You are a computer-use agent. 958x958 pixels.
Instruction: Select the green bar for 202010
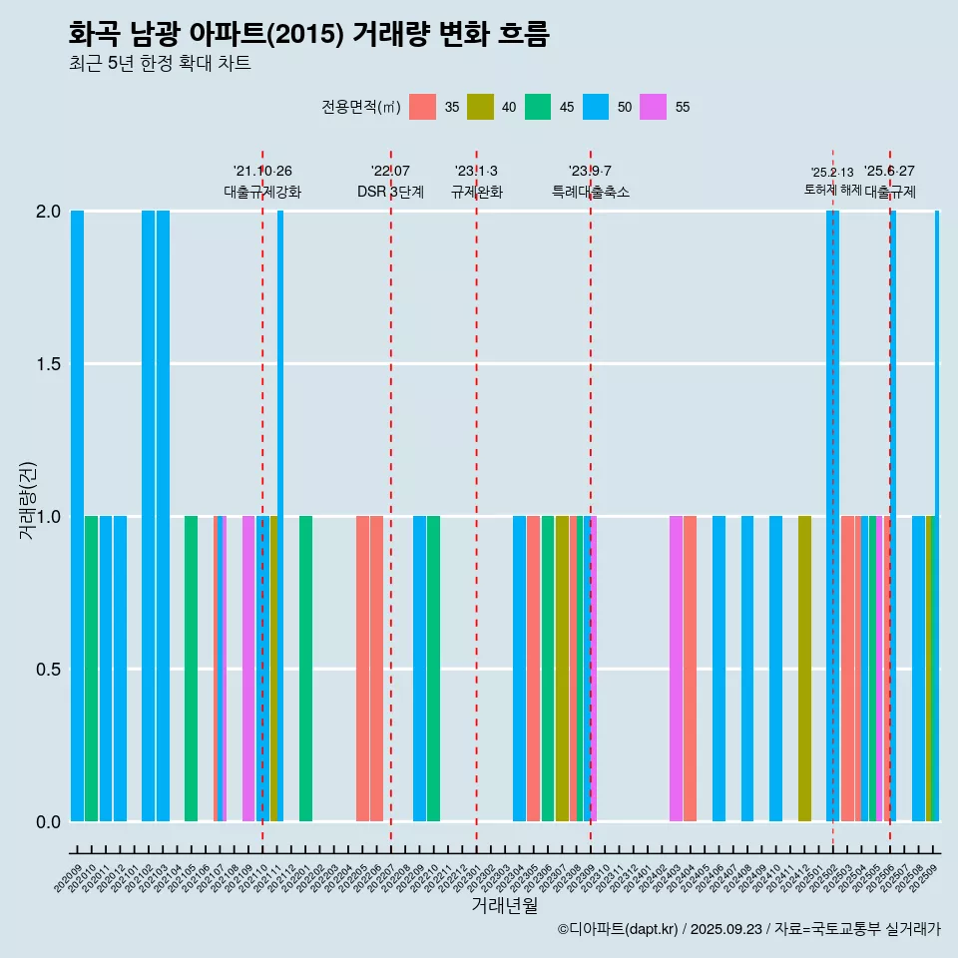pyautogui.click(x=92, y=669)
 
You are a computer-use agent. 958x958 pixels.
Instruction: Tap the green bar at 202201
pyautogui.click(x=305, y=669)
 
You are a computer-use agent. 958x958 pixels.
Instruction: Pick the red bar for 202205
pyautogui.click(x=362, y=669)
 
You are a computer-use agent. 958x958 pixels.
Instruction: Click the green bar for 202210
pyautogui.click(x=434, y=669)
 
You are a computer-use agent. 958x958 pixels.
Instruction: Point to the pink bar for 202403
pyautogui.click(x=676, y=669)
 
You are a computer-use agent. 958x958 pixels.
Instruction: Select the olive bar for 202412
pyautogui.click(x=804, y=669)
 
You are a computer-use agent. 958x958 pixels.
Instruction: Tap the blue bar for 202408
pyautogui.click(x=747, y=669)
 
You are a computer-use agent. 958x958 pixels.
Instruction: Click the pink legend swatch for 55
pyautogui.click(x=654, y=107)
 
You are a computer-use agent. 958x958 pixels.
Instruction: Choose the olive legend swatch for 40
pyautogui.click(x=481, y=107)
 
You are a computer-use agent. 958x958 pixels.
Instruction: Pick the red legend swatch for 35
pyautogui.click(x=423, y=107)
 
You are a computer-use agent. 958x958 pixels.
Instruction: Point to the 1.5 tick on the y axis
pyautogui.click(x=48, y=364)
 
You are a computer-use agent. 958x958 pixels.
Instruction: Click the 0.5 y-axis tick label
pyautogui.click(x=48, y=670)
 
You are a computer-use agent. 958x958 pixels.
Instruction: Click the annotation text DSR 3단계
pyautogui.click(x=390, y=192)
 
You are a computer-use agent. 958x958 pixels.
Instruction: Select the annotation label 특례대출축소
pyautogui.click(x=591, y=192)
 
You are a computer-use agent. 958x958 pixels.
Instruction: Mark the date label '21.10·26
pyautogui.click(x=262, y=172)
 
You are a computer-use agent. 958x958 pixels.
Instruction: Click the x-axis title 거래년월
pyautogui.click(x=504, y=906)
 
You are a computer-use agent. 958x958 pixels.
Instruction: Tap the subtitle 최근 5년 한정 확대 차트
pyautogui.click(x=160, y=64)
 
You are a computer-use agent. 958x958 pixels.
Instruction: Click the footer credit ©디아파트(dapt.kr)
pyautogui.click(x=618, y=929)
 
